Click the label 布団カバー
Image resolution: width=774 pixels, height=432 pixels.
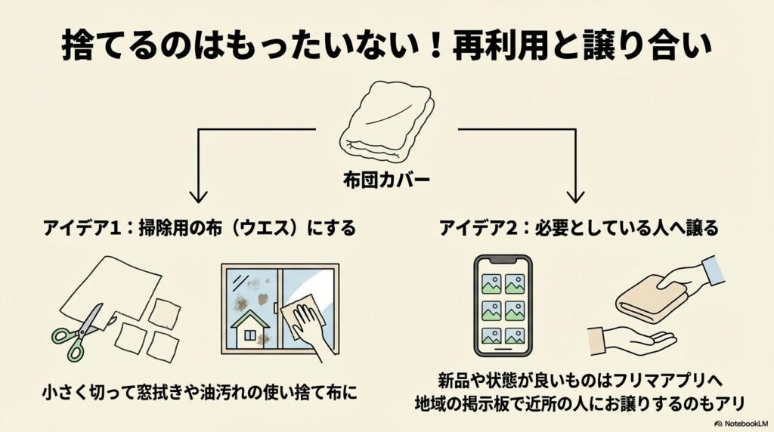pos(386,181)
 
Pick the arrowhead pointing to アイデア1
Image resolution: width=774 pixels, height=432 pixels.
pos(198,197)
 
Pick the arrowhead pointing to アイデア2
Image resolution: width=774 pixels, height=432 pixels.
pos(577,197)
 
